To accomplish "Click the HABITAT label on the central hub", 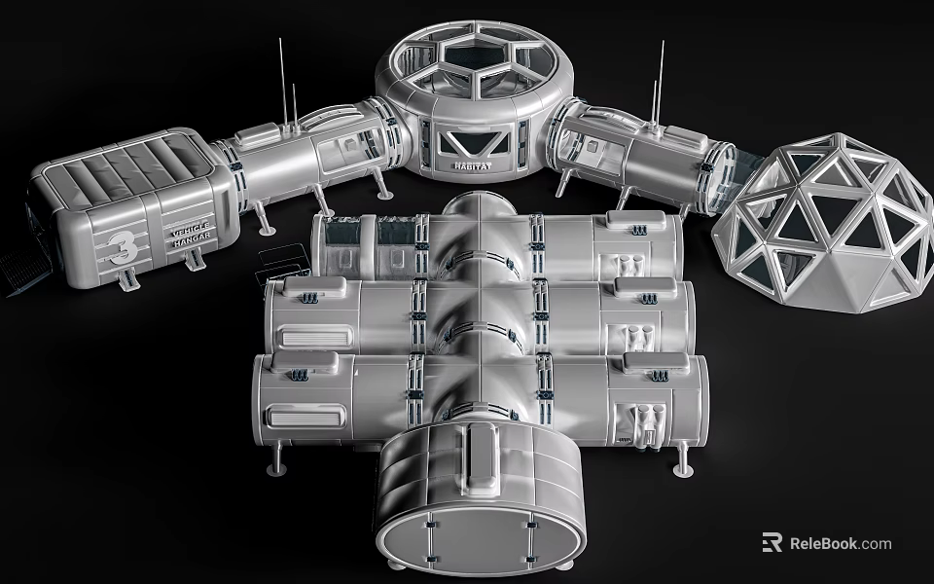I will click(x=472, y=167).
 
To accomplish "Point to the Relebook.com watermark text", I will click(x=840, y=543).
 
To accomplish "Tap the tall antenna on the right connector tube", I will click(x=662, y=82).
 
